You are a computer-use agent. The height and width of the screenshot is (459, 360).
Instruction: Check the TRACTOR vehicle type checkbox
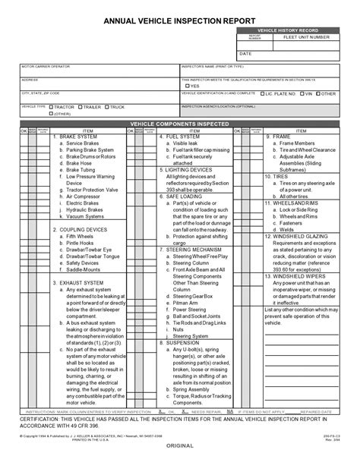pos(52,107)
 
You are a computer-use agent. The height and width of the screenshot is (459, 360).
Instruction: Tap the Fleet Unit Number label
pos(306,36)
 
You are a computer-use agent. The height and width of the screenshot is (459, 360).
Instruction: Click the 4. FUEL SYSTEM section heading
pos(182,137)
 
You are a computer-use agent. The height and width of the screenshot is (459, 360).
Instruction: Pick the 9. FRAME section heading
pos(283,137)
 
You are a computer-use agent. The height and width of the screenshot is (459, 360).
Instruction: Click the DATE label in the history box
pos(245,55)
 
